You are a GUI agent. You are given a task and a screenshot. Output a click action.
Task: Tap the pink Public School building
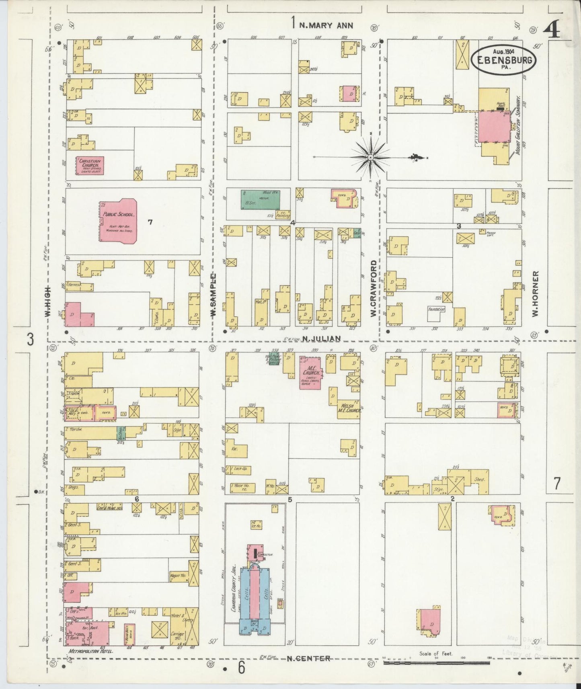click(119, 220)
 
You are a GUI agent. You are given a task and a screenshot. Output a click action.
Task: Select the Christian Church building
click(90, 165)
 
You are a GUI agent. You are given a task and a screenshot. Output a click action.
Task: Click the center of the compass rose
click(370, 157)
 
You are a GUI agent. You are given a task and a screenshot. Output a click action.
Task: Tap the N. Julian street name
click(322, 339)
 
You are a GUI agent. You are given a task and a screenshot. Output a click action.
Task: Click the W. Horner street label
click(535, 293)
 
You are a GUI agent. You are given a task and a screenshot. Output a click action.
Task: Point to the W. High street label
click(48, 301)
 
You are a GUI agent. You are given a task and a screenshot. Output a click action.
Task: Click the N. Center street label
click(309, 658)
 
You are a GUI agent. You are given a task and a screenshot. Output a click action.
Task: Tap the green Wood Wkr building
click(260, 199)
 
